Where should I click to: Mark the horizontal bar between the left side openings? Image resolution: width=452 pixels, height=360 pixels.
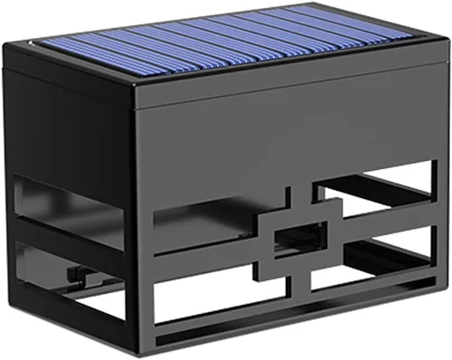pyautogui.click(x=68, y=233)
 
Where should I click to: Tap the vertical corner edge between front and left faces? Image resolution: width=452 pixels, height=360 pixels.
pyautogui.click(x=135, y=217)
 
